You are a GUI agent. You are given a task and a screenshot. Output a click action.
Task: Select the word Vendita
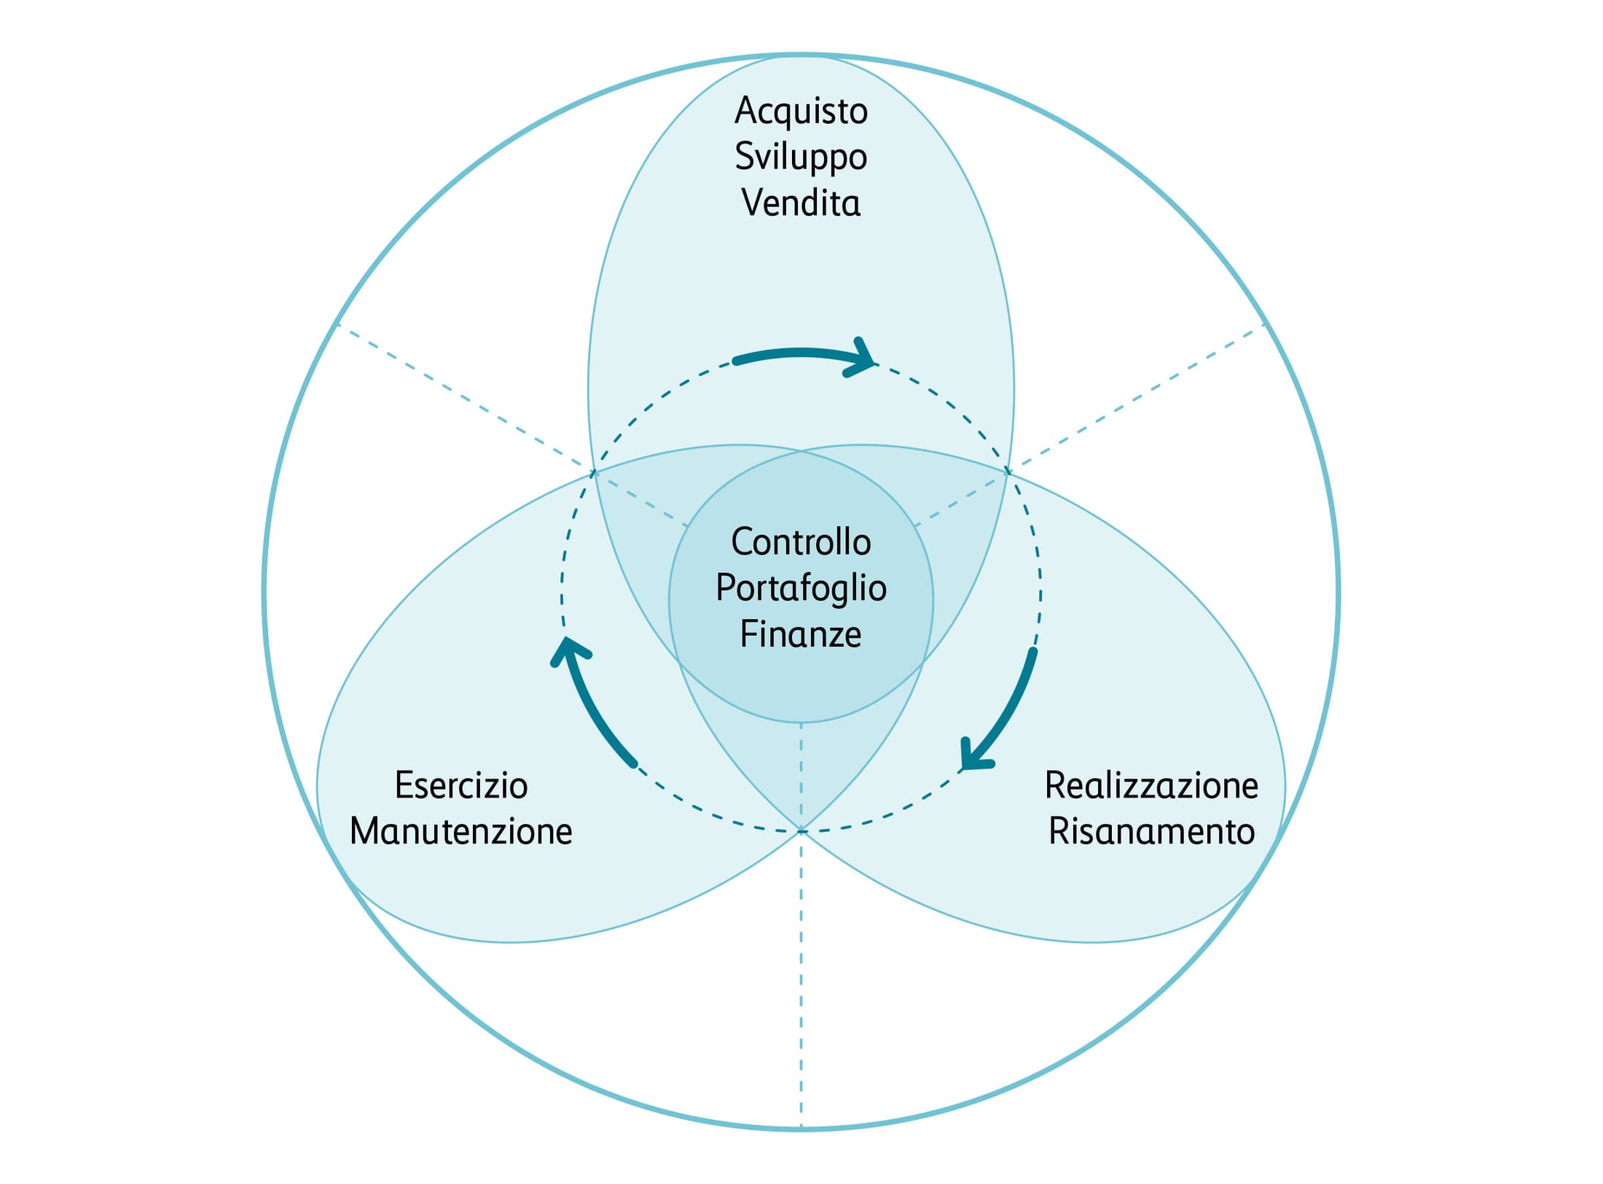pyautogui.click(x=801, y=202)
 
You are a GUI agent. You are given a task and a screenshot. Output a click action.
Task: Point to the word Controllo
pyautogui.click(x=801, y=542)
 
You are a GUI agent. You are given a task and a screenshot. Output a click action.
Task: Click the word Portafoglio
pyautogui.click(x=801, y=589)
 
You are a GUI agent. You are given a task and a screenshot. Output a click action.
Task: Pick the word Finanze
pyautogui.click(x=801, y=634)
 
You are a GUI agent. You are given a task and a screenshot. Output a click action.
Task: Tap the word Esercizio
pyautogui.click(x=461, y=785)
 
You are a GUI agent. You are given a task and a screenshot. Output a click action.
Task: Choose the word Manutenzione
pyautogui.click(x=461, y=831)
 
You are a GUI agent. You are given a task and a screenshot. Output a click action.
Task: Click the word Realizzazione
pyautogui.click(x=1151, y=785)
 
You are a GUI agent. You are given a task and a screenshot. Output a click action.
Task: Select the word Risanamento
pyautogui.click(x=1151, y=831)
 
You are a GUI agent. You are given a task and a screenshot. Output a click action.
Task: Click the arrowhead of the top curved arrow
pyautogui.click(x=863, y=359)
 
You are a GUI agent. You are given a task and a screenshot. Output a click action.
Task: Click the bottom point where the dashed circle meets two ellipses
pyautogui.click(x=801, y=830)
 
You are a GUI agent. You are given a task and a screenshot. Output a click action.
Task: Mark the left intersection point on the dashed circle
pyautogui.click(x=593, y=472)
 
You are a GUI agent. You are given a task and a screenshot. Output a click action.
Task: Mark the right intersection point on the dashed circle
pyautogui.click(x=1008, y=472)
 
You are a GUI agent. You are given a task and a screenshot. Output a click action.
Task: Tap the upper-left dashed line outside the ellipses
pyautogui.click(x=464, y=397)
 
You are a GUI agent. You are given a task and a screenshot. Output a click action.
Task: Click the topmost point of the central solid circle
pyautogui.click(x=801, y=451)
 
